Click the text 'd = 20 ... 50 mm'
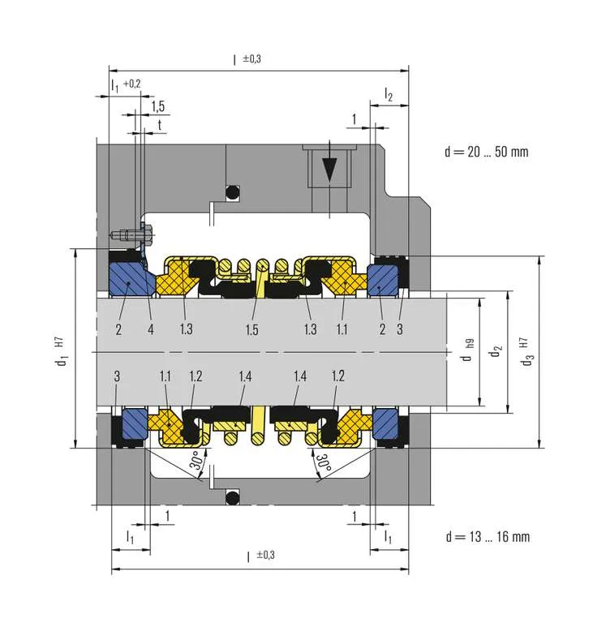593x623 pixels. pos(488,152)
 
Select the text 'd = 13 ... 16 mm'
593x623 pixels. pos(488,536)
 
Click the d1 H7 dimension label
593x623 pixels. pos(62,350)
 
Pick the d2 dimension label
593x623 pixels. pos(494,353)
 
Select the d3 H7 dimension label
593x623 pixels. pos(529,351)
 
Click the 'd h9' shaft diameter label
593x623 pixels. pos(467,351)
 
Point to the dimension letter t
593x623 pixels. pos(159,125)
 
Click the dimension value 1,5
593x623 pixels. pos(157,106)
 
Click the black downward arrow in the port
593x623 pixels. pos(329,171)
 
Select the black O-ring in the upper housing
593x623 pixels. pos(232,192)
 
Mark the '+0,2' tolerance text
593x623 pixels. pos(131,83)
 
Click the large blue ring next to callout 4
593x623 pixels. pos(130,279)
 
